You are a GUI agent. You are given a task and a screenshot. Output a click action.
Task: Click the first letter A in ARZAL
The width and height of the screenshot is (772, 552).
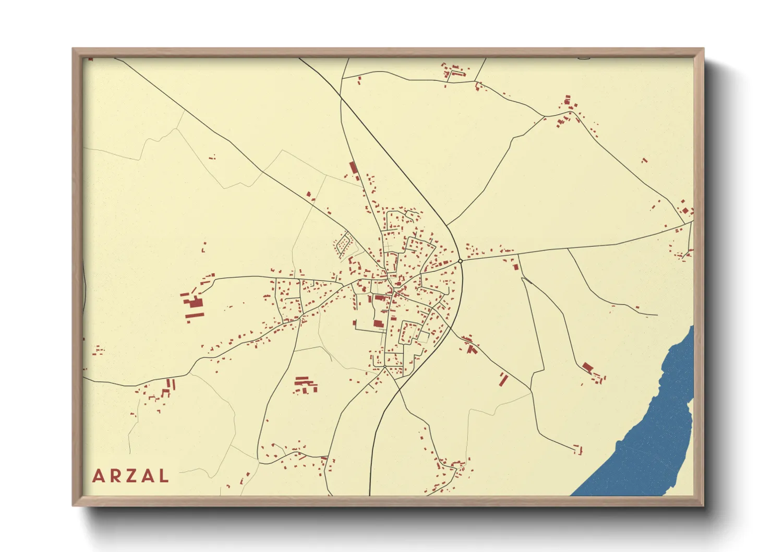(98, 476)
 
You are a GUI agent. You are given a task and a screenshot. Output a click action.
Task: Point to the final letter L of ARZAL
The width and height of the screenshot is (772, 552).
(163, 476)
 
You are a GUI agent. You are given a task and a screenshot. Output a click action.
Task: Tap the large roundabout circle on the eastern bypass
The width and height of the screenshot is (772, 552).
(460, 261)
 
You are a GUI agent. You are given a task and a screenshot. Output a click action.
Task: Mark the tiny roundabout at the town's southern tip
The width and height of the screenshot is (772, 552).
(385, 367)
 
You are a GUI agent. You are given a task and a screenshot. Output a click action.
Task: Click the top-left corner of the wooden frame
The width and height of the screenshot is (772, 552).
(74, 50)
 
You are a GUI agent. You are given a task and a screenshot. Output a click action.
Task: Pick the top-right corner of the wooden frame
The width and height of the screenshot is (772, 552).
(702, 50)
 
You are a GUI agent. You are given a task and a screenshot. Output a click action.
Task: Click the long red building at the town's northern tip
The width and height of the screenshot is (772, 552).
(353, 168)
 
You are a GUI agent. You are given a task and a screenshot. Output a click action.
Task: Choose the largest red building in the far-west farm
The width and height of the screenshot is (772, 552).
(195, 303)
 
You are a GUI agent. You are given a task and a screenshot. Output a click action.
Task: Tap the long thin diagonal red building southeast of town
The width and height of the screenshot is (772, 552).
(503, 379)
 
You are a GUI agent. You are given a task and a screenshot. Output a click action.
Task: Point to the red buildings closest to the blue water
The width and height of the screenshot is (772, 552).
(578, 449)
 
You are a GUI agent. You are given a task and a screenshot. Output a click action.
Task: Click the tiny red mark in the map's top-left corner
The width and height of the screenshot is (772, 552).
(90, 59)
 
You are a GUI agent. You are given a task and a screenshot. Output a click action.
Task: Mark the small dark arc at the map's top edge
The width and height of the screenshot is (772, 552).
(584, 58)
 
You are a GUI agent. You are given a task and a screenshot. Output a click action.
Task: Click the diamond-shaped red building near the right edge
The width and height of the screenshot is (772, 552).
(685, 211)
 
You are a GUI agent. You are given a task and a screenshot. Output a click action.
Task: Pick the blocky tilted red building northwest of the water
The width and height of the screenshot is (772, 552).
(587, 367)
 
